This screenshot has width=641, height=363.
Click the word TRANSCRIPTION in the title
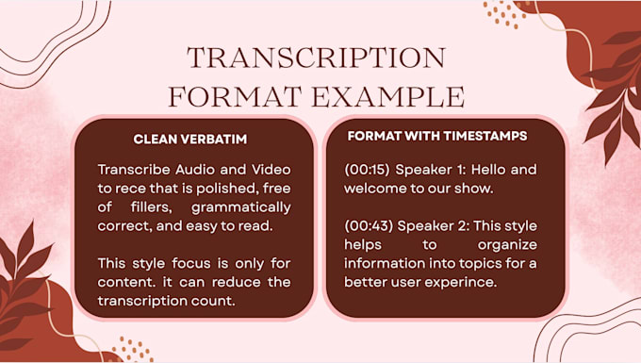click(x=316, y=58)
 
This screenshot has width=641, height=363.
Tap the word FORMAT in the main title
click(x=235, y=96)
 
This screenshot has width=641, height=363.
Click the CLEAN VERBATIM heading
click(x=190, y=139)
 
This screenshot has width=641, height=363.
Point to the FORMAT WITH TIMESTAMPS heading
click(x=437, y=136)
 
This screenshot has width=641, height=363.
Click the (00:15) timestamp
click(x=367, y=170)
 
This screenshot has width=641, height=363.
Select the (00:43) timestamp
click(x=368, y=226)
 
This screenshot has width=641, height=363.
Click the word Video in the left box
click(x=271, y=170)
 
